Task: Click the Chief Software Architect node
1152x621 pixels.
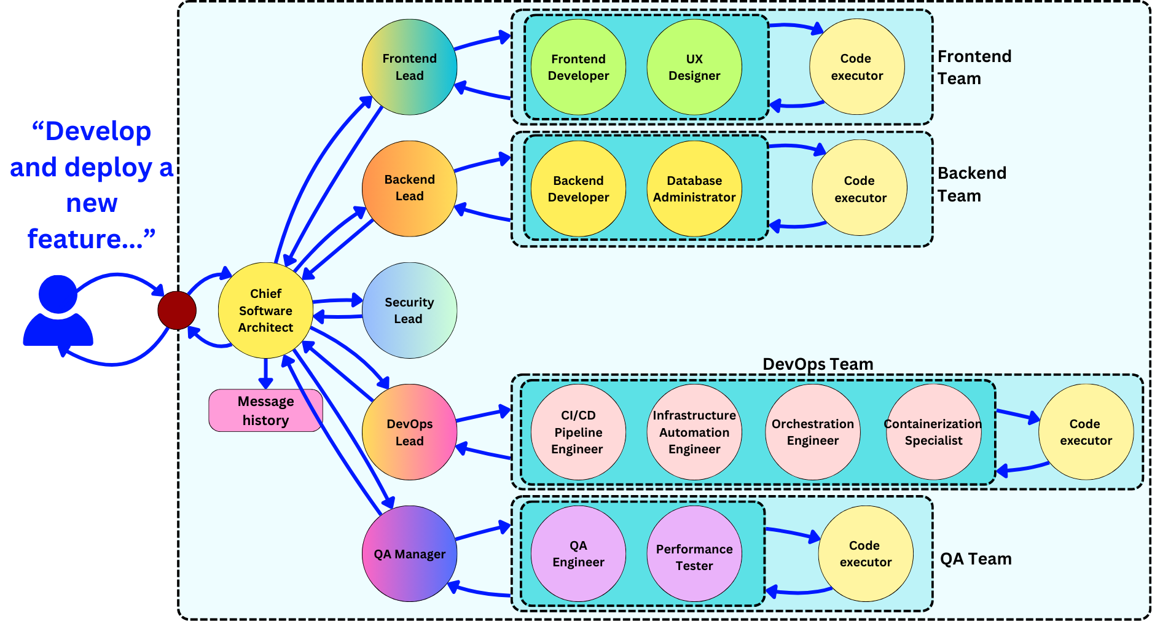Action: pos(265,310)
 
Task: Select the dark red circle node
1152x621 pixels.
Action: pos(177,310)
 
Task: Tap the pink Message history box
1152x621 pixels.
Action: pos(265,410)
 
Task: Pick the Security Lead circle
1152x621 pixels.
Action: pos(409,310)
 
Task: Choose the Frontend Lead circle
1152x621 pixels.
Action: pos(409,67)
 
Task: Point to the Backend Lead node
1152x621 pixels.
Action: pos(409,188)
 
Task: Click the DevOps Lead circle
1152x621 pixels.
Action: pos(409,432)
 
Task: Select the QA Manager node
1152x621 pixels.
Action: pos(409,553)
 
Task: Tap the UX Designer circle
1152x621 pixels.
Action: pos(694,67)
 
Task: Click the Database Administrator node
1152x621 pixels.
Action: pos(694,189)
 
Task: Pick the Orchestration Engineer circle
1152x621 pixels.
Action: pos(812,432)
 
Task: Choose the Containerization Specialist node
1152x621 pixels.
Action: pos(933,432)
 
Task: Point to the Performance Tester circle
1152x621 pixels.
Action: pos(694,553)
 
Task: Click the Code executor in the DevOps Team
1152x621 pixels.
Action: pos(1086,432)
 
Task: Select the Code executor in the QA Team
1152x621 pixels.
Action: pos(865,553)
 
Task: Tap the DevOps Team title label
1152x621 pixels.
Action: pos(817,364)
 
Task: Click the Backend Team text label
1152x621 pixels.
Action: pos(971,184)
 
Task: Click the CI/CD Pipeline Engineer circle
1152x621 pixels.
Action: pos(578,432)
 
